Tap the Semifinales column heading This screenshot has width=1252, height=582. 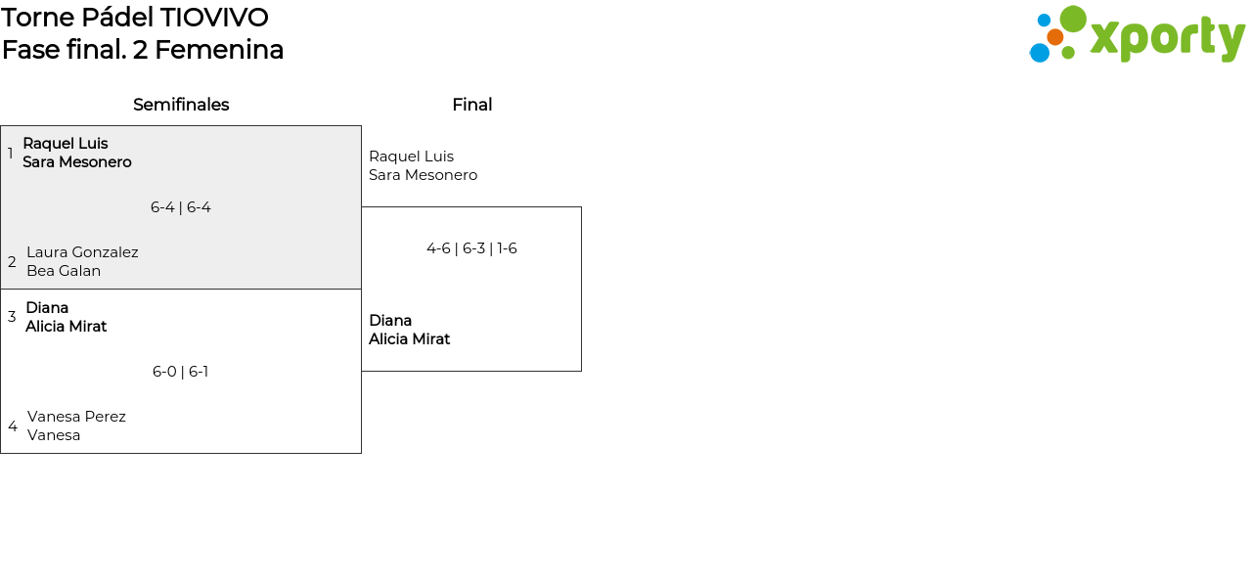(x=181, y=105)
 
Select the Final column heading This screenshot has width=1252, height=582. (x=471, y=105)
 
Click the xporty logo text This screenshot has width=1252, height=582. (x=1166, y=38)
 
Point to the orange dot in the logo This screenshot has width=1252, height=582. (x=1054, y=37)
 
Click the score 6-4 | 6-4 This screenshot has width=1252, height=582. (x=181, y=207)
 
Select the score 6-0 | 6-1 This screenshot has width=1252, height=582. (x=181, y=372)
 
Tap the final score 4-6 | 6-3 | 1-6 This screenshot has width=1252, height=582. (x=471, y=248)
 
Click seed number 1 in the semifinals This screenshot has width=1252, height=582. (x=11, y=154)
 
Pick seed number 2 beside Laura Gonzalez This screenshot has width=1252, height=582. (x=12, y=262)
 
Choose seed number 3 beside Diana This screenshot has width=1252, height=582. (x=12, y=317)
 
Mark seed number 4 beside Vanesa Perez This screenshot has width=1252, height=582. (x=13, y=426)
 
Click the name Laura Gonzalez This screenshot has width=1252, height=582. (x=82, y=252)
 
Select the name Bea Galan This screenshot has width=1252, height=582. (x=64, y=271)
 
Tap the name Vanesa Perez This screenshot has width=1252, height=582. (x=76, y=417)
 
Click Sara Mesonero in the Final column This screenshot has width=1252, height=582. (x=423, y=175)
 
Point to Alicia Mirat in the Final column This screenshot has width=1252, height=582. (x=409, y=339)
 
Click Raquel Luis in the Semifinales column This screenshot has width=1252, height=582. (x=66, y=144)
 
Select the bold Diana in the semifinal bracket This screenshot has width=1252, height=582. (x=47, y=308)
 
